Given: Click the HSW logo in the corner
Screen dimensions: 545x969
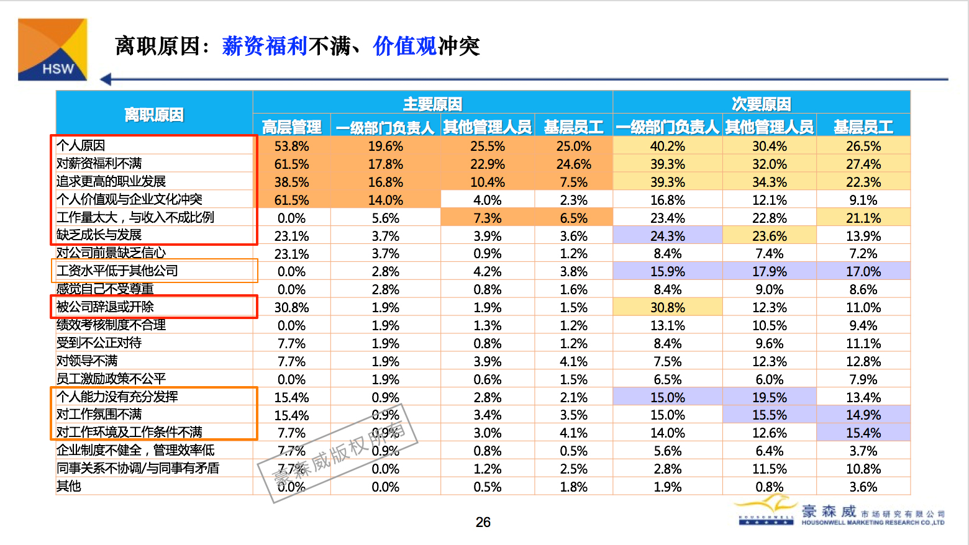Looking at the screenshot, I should click(52, 50).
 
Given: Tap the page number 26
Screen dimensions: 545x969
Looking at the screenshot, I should click(483, 523).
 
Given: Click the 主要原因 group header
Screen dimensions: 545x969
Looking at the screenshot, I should click(432, 103).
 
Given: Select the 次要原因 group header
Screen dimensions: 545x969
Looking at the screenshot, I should click(761, 103).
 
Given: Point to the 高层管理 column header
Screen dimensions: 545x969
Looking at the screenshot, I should click(291, 127).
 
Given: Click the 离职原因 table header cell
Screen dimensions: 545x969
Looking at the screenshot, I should click(154, 115).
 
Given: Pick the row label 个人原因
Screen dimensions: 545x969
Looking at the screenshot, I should click(81, 145).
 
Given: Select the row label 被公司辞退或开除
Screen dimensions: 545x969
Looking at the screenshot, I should click(105, 307).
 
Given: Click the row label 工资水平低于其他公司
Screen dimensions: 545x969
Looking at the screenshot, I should click(117, 271).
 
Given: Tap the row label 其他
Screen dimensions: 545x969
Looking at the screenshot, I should click(69, 486).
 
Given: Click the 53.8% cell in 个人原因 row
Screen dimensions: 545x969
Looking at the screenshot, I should click(291, 146).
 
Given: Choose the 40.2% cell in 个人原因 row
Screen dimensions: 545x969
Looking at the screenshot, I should click(667, 146).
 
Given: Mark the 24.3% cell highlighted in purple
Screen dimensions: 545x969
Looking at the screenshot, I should click(667, 236).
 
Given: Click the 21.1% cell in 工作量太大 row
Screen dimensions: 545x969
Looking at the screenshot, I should click(863, 218).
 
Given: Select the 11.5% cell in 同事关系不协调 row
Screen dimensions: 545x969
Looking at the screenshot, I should click(769, 469).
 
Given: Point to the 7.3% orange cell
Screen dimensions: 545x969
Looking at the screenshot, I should click(487, 218).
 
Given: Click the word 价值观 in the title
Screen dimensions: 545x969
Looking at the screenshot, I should click(404, 46).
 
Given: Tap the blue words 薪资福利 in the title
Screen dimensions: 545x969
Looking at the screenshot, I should click(265, 46).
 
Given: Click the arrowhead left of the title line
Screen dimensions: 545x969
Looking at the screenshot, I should click(106, 79).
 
